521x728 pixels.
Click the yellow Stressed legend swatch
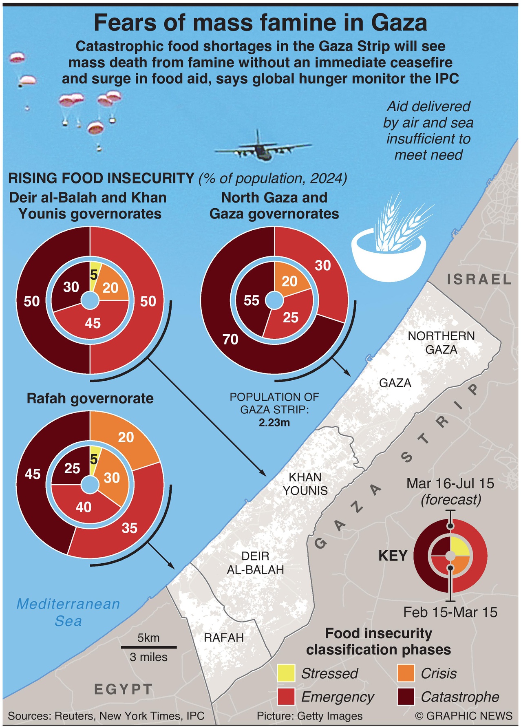pyautogui.click(x=286, y=673)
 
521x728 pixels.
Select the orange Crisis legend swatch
pyautogui.click(x=405, y=673)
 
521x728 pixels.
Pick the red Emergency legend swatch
pyautogui.click(x=286, y=697)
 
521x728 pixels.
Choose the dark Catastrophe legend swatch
pyautogui.click(x=405, y=697)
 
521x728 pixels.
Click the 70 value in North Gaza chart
pyautogui.click(x=231, y=339)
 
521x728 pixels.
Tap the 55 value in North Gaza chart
pyautogui.click(x=252, y=300)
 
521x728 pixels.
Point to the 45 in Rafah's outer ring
pyautogui.click(x=33, y=474)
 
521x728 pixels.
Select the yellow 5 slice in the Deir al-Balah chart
pyautogui.click(x=94, y=276)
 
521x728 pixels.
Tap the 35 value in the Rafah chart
pyautogui.click(x=130, y=528)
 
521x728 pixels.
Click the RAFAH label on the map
pyautogui.click(x=224, y=638)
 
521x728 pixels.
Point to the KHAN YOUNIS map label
pyautogui.click(x=305, y=484)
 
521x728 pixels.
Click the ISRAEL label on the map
pyautogui.click(x=479, y=280)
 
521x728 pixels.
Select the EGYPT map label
pyautogui.click(x=124, y=689)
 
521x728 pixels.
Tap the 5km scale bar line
pyautogui.click(x=148, y=647)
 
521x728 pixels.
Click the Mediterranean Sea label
pyautogui.click(x=68, y=612)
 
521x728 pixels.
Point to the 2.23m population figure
pyautogui.click(x=274, y=423)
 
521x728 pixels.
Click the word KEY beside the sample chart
pyautogui.click(x=393, y=556)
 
